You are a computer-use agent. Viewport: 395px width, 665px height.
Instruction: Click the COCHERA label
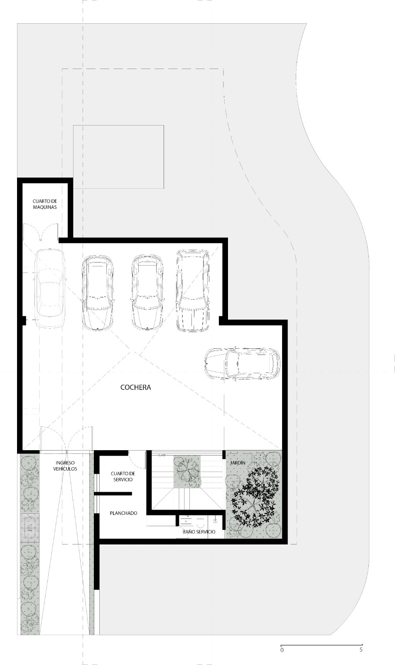[x=136, y=387]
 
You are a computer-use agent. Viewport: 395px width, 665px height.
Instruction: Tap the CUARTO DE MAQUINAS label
[x=45, y=204]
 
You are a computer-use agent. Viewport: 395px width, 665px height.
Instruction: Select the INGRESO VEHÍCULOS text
[x=65, y=466]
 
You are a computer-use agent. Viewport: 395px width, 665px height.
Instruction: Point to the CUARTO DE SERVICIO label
[x=123, y=476]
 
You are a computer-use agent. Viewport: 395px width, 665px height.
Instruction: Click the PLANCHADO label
[x=123, y=513]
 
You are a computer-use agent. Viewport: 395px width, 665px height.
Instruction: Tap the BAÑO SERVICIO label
[x=199, y=532]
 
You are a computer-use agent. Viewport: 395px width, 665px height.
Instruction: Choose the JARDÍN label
[x=238, y=463]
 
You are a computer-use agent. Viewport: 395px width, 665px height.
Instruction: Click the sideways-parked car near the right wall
[x=242, y=364]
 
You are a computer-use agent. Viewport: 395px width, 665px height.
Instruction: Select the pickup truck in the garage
[x=192, y=291]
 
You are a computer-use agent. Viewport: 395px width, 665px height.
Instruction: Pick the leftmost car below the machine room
[x=49, y=288]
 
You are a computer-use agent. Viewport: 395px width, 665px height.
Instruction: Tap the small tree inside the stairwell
[x=187, y=471]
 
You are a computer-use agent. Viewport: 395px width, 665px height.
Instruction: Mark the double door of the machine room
[x=41, y=232]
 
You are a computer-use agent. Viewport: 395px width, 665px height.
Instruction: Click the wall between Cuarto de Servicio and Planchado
[x=113, y=493]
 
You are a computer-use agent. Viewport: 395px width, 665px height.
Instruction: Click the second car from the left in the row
[x=98, y=292]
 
